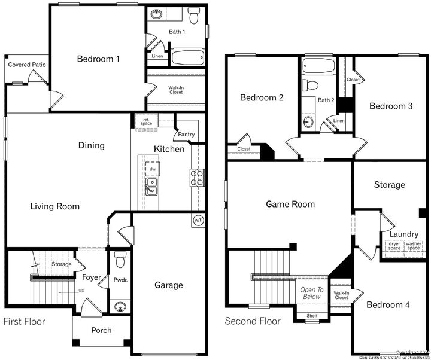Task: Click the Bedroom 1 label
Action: tap(98, 59)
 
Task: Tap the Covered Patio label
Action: tap(27, 65)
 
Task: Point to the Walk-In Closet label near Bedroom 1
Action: tap(175, 90)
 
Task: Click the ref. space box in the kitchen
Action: tap(146, 121)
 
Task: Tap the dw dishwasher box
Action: tap(152, 169)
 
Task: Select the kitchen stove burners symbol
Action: tap(198, 178)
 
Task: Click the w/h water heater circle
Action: tap(198, 220)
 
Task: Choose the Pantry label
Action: tap(186, 135)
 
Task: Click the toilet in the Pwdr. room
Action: tap(119, 261)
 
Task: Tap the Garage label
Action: tap(169, 285)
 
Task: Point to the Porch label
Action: tap(101, 330)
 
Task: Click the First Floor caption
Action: tap(25, 322)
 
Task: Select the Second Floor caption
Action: tap(252, 322)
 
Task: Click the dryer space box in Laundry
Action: tap(394, 246)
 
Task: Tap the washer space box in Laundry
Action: tap(414, 246)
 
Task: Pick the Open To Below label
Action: tap(311, 293)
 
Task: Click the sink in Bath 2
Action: tap(309, 122)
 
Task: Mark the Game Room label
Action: tap(290, 204)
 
